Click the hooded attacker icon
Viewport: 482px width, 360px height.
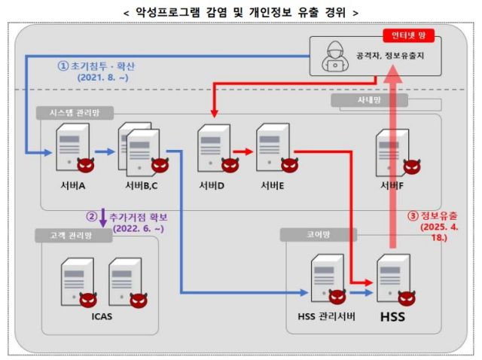coord(334,56)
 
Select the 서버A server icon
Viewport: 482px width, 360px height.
coord(72,148)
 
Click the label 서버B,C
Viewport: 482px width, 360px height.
coord(139,185)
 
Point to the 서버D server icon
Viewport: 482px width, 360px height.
coord(212,148)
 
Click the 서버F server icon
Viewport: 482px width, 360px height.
coord(390,151)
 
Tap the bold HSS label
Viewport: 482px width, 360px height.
coord(392,317)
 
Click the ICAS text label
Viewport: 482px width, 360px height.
coord(100,316)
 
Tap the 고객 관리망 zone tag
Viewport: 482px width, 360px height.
coord(72,236)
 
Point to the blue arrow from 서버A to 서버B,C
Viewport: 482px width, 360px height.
coord(105,152)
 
